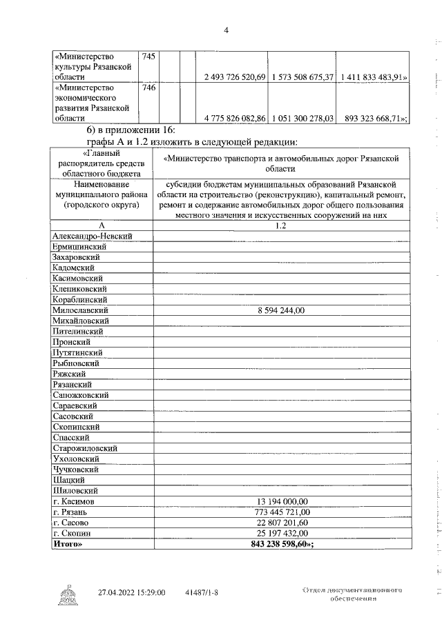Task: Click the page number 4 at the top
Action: point(227,28)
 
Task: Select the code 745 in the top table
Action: point(148,56)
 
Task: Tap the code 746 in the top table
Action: point(148,88)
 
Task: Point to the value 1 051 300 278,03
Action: point(302,119)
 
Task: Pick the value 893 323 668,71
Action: point(374,119)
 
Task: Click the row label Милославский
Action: point(81,310)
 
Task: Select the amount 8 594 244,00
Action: point(280,310)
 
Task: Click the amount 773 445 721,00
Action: point(280,512)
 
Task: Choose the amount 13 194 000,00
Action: point(280,501)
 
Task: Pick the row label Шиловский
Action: point(73,490)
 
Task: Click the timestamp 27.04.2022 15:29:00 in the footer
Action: point(131,592)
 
